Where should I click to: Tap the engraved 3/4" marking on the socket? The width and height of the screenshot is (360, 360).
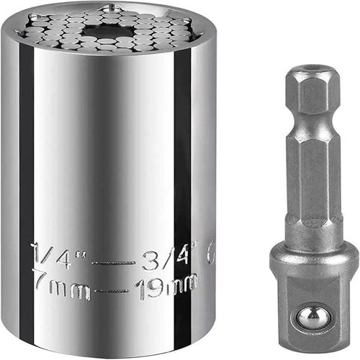click(x=171, y=254)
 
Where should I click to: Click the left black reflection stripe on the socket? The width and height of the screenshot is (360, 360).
click(x=27, y=180)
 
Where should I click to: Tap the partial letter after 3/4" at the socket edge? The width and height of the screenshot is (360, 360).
click(x=210, y=254)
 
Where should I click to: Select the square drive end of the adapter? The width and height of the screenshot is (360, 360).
click(x=315, y=310)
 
